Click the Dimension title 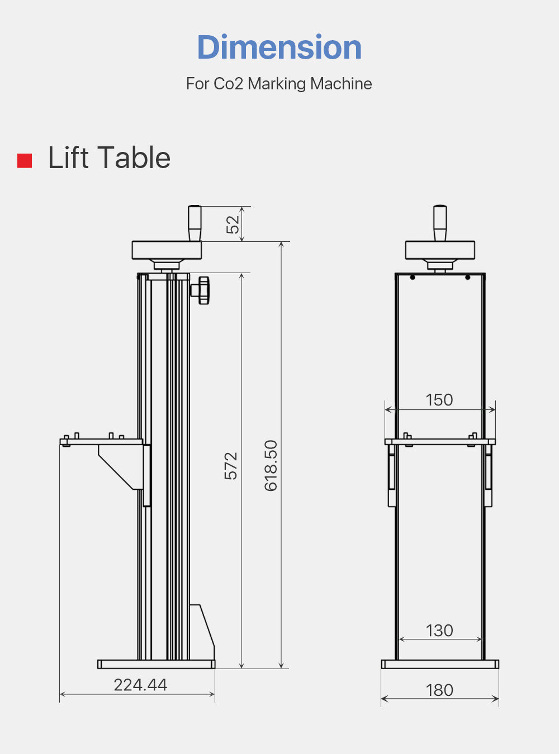coord(279,47)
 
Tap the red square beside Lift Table coord(25,160)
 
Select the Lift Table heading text coord(109,158)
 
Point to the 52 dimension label coord(233,224)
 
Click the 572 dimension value coord(230,466)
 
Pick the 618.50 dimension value coord(271,465)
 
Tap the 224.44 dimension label coord(140,685)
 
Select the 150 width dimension coord(439,400)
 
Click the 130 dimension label coord(439,631)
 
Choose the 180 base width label coord(439,690)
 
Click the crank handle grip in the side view coord(194,222)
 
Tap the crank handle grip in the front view coord(440,222)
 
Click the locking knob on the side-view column coord(202,290)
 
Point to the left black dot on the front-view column coord(413,278)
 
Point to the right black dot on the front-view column coord(467,278)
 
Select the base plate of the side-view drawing coord(156,664)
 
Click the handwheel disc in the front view coord(440,250)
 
